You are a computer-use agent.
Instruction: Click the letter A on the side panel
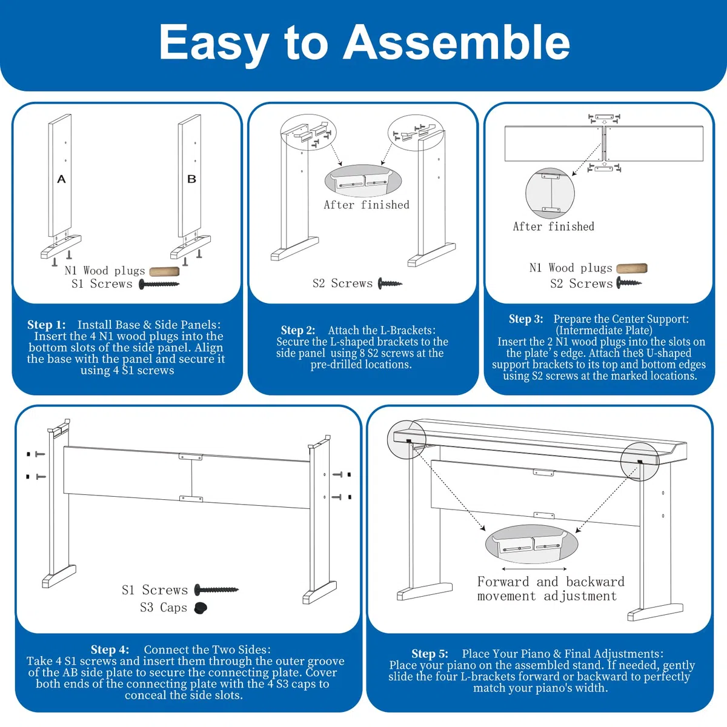[61, 179]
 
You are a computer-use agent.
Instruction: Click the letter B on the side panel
[191, 179]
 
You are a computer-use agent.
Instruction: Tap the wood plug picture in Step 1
[164, 271]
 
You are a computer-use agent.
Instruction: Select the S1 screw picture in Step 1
[159, 284]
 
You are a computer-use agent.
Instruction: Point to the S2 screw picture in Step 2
[390, 283]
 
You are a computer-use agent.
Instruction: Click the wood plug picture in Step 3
[631, 268]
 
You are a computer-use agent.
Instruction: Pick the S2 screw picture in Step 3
[628, 282]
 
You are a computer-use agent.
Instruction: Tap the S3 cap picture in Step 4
[201, 608]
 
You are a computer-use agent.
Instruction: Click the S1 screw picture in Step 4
[216, 589]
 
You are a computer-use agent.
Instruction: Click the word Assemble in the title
[456, 42]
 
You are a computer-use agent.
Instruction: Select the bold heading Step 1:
[47, 325]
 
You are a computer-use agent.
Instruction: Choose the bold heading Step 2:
[298, 330]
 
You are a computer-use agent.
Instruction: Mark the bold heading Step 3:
[526, 319]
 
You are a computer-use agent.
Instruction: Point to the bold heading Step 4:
[110, 649]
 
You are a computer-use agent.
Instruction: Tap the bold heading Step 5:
[430, 654]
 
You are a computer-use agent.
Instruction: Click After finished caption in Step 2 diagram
[367, 205]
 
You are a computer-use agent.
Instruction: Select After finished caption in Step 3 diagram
[554, 227]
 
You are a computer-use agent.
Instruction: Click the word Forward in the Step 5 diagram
[503, 582]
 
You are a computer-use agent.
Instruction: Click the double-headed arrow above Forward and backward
[534, 568]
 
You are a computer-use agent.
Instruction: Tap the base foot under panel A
[61, 247]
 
